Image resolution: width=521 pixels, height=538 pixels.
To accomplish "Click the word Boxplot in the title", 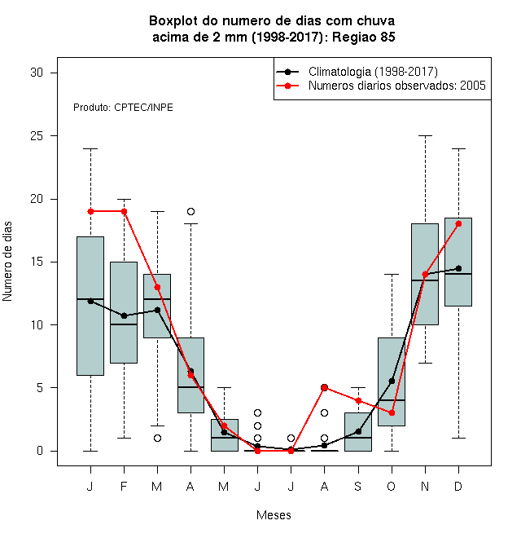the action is point(173,21).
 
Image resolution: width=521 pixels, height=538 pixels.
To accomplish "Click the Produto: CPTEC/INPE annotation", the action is point(123,108).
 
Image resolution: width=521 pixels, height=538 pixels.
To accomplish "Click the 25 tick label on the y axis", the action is point(37,136).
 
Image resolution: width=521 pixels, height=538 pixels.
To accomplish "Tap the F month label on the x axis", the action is point(124,486).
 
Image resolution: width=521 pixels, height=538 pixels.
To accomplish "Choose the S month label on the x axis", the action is point(358,486).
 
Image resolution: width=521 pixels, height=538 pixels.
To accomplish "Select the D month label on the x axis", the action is point(458,486).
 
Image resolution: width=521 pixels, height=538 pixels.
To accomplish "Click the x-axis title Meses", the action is point(274,515).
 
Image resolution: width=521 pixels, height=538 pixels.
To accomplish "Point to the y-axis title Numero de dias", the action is point(7,262).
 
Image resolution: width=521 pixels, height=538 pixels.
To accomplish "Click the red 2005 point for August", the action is point(324,388).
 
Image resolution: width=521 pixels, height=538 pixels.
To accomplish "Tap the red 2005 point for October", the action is point(392,412).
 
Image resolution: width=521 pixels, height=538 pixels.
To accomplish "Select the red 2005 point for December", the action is point(458,223).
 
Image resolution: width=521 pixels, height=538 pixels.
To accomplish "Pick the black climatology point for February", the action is point(124,315).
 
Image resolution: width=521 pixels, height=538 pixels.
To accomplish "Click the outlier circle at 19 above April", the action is point(191,211).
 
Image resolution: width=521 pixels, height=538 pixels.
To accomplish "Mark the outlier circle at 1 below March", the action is point(157,439).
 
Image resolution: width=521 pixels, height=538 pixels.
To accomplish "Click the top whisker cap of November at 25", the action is point(426,136).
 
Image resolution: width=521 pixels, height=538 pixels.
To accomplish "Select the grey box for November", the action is point(425,274).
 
